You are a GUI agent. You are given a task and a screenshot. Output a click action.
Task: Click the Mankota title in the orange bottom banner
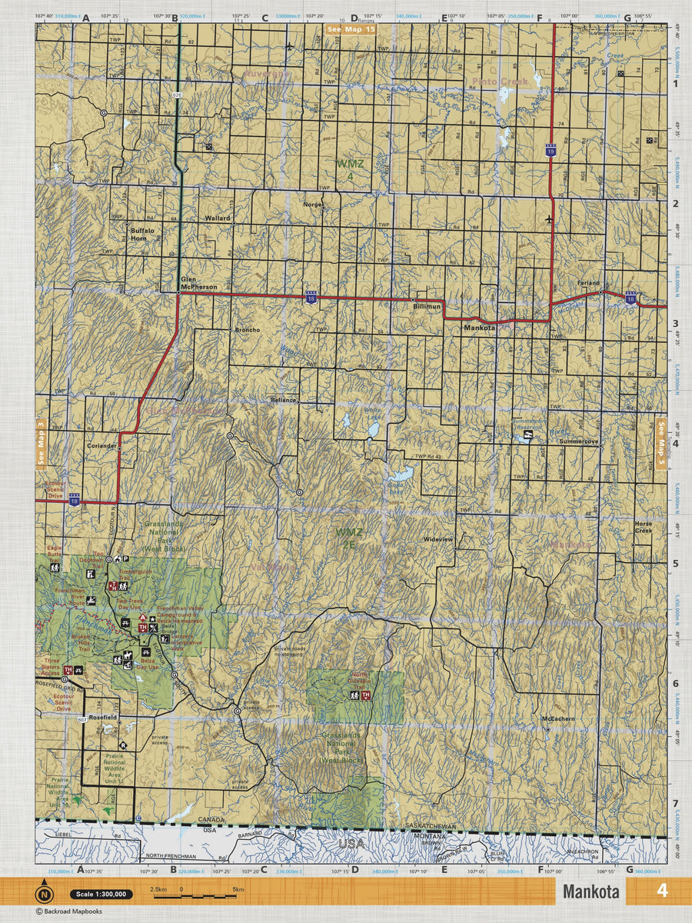(x=591, y=892)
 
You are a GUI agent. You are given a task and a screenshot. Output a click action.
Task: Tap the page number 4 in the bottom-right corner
(x=661, y=892)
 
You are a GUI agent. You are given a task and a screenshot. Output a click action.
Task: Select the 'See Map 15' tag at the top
(x=351, y=29)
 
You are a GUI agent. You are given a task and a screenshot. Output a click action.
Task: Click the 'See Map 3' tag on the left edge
(x=42, y=445)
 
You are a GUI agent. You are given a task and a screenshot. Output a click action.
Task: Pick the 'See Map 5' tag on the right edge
(x=660, y=445)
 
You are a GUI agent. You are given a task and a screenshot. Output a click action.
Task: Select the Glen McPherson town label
(x=198, y=283)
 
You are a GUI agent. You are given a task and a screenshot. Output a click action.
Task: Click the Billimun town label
(x=428, y=306)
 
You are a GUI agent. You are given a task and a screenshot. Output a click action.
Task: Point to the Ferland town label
(x=588, y=283)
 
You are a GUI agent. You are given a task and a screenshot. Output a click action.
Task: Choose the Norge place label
(x=313, y=205)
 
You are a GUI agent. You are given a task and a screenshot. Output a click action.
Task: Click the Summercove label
(x=579, y=442)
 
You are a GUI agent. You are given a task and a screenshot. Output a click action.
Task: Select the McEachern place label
(x=558, y=719)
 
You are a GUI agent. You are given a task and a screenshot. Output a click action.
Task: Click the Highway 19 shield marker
(x=551, y=151)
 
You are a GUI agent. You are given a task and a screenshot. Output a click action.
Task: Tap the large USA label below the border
(x=350, y=845)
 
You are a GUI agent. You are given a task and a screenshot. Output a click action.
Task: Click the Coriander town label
(x=101, y=445)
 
